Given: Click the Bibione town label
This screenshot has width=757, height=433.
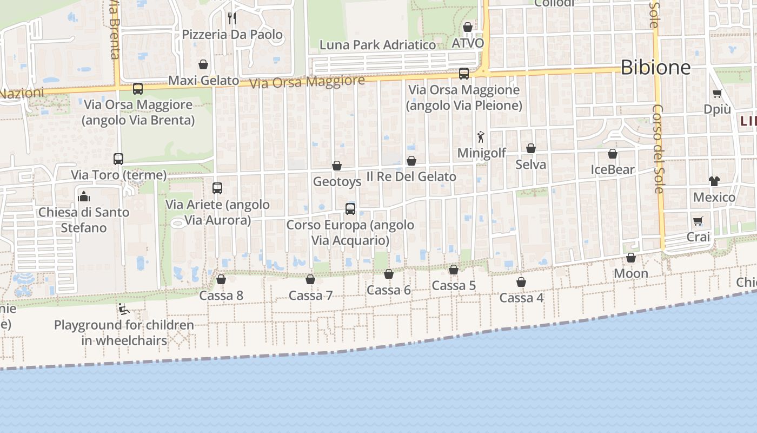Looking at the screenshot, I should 655,68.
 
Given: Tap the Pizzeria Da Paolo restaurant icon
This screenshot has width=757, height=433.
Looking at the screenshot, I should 232,18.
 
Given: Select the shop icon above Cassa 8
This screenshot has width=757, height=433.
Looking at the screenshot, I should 221,279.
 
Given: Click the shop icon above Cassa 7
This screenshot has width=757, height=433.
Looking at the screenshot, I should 310,279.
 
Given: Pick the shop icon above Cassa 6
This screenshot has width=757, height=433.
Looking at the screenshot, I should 389,274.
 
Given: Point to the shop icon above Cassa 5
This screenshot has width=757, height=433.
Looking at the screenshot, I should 454,270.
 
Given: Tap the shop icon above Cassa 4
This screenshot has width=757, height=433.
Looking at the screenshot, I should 521,282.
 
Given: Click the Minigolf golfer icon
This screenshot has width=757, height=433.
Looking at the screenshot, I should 481,137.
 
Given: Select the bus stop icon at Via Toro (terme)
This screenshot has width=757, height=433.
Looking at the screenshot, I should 118,159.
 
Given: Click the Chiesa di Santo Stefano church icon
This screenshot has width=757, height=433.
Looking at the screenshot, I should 84,196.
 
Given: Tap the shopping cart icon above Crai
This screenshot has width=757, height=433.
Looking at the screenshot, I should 698,221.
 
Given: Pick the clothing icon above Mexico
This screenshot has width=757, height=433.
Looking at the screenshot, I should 714,181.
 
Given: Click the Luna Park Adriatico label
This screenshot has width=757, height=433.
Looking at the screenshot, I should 377,45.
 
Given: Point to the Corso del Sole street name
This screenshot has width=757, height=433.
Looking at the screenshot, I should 658,148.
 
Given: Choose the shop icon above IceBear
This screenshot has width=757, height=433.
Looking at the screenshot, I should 613,154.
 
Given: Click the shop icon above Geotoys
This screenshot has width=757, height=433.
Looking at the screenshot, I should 337,166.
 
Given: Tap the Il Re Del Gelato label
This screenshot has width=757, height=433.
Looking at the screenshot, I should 411,176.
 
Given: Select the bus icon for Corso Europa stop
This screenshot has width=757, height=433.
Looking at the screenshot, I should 350,209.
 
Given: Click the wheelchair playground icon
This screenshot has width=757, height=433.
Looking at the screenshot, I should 124,309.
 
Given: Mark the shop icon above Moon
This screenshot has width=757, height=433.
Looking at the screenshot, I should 631,258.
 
